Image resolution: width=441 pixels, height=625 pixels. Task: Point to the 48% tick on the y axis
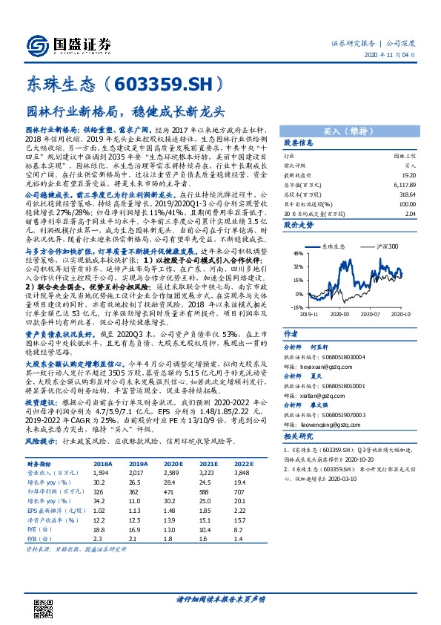coord(297,253)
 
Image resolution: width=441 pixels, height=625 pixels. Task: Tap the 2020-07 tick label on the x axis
coord(371,313)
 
